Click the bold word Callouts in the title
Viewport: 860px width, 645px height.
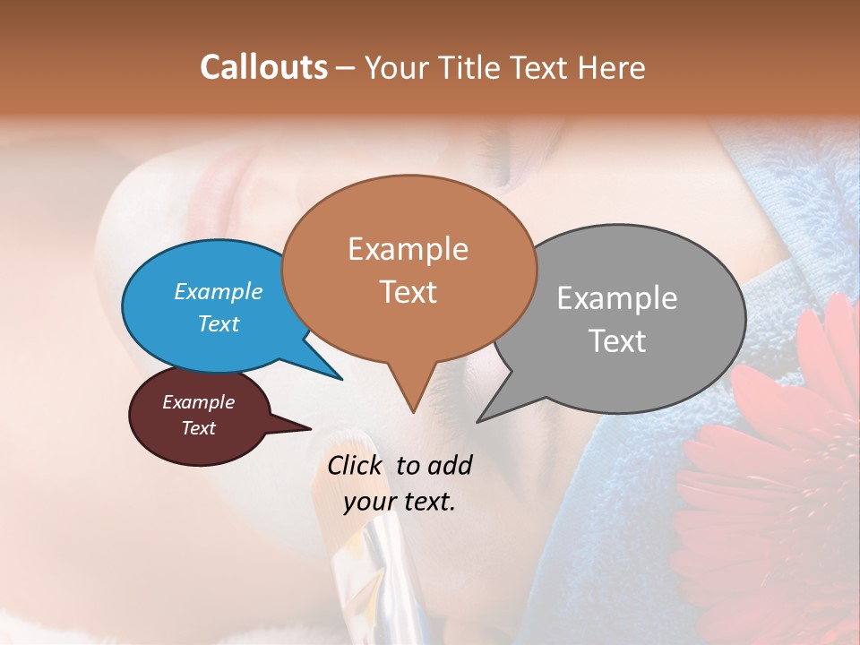pos(263,67)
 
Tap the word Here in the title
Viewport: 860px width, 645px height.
pos(613,67)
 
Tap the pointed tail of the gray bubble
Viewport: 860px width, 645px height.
pos(479,420)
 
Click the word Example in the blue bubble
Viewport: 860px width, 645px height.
pos(219,291)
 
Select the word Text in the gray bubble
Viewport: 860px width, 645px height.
pos(617,341)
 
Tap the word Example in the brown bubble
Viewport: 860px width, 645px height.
pos(408,249)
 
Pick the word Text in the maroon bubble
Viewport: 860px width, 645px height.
pos(199,428)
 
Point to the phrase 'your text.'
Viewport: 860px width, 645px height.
pos(400,502)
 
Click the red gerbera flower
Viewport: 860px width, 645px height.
pos(779,475)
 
